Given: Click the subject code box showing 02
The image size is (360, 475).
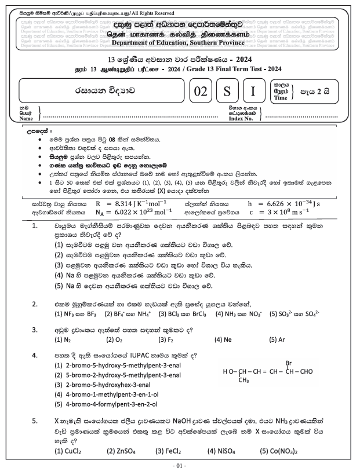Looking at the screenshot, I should pos(201,91).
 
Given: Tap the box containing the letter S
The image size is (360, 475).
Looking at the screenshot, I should pos(228,91).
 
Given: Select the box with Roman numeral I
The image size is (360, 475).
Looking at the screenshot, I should pos(253,91).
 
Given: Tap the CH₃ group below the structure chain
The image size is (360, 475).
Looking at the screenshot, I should pos(243,381).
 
